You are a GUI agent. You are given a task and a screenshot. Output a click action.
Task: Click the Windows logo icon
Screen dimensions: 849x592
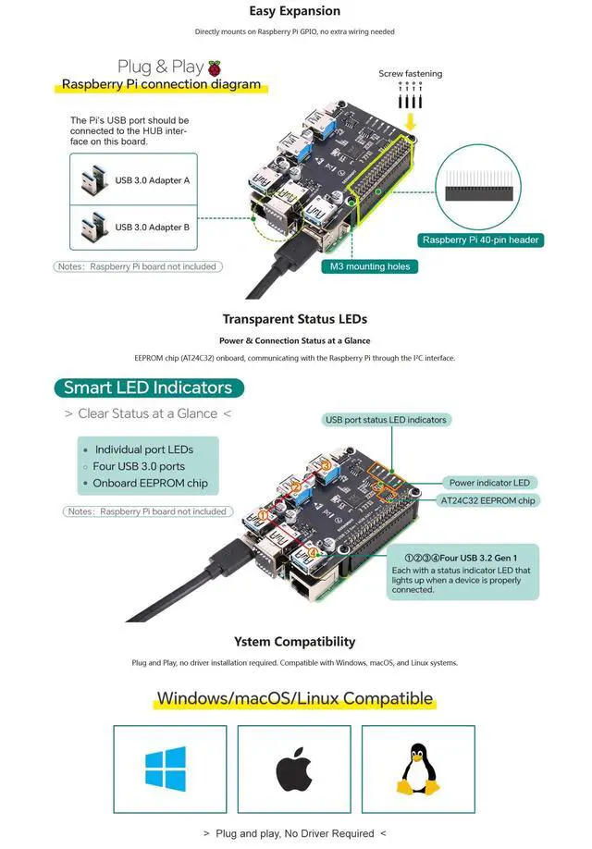[166, 769]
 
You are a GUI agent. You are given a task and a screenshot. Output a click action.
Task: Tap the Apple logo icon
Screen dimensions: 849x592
[293, 769]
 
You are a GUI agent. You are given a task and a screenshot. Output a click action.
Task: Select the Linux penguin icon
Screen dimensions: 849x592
[417, 769]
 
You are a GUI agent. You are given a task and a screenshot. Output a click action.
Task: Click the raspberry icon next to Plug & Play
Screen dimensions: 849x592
[215, 68]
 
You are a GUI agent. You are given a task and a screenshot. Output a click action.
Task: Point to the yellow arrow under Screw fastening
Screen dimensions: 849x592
[411, 122]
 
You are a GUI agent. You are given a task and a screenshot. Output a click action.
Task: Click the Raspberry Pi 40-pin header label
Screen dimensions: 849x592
[480, 240]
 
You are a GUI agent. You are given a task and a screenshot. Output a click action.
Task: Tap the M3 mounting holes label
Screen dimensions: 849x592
[369, 266]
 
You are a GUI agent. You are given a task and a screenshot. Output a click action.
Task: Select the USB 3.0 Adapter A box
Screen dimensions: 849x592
[133, 178]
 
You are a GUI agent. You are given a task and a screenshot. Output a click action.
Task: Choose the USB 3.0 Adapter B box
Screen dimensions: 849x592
[133, 227]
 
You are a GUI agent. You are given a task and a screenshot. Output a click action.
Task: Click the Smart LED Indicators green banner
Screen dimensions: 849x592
[148, 388]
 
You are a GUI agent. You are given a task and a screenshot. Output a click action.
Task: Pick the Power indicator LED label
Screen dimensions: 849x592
[489, 483]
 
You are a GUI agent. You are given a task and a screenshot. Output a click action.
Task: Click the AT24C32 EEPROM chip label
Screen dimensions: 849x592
[487, 500]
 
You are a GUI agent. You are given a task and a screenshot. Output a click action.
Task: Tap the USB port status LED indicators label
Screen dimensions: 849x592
[386, 420]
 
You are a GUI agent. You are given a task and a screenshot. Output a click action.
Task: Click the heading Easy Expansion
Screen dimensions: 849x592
[295, 11]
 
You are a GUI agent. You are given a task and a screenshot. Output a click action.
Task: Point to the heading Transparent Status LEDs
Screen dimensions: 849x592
[295, 319]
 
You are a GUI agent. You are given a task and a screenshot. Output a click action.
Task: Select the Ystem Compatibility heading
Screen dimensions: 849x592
[295, 642]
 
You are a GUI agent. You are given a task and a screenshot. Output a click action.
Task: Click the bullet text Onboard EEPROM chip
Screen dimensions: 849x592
[150, 483]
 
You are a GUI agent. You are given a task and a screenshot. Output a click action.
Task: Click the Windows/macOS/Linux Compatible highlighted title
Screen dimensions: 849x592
[295, 698]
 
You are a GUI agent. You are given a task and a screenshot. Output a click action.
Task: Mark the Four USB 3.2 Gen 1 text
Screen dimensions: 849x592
[467, 558]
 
